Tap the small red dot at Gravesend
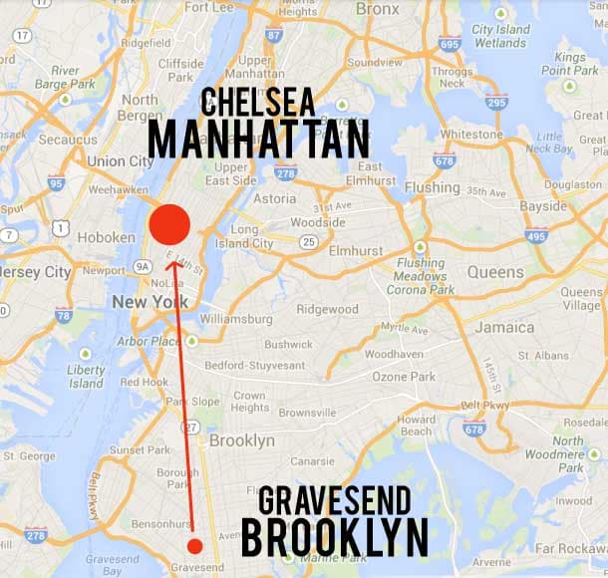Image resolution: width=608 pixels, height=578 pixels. [195, 545]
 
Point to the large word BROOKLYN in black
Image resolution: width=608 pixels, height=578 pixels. [335, 537]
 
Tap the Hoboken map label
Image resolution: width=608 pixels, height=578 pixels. [111, 238]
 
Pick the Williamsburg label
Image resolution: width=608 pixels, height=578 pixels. [236, 318]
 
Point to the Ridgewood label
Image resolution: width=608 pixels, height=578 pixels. [327, 310]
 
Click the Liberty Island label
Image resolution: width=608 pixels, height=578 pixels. [86, 376]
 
